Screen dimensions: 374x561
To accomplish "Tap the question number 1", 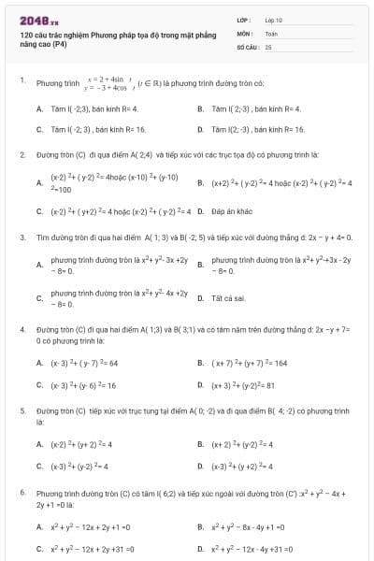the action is tap(22, 80).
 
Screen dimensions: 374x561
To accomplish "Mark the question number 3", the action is tap(22, 237).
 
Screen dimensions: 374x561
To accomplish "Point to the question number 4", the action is tap(22, 330).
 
